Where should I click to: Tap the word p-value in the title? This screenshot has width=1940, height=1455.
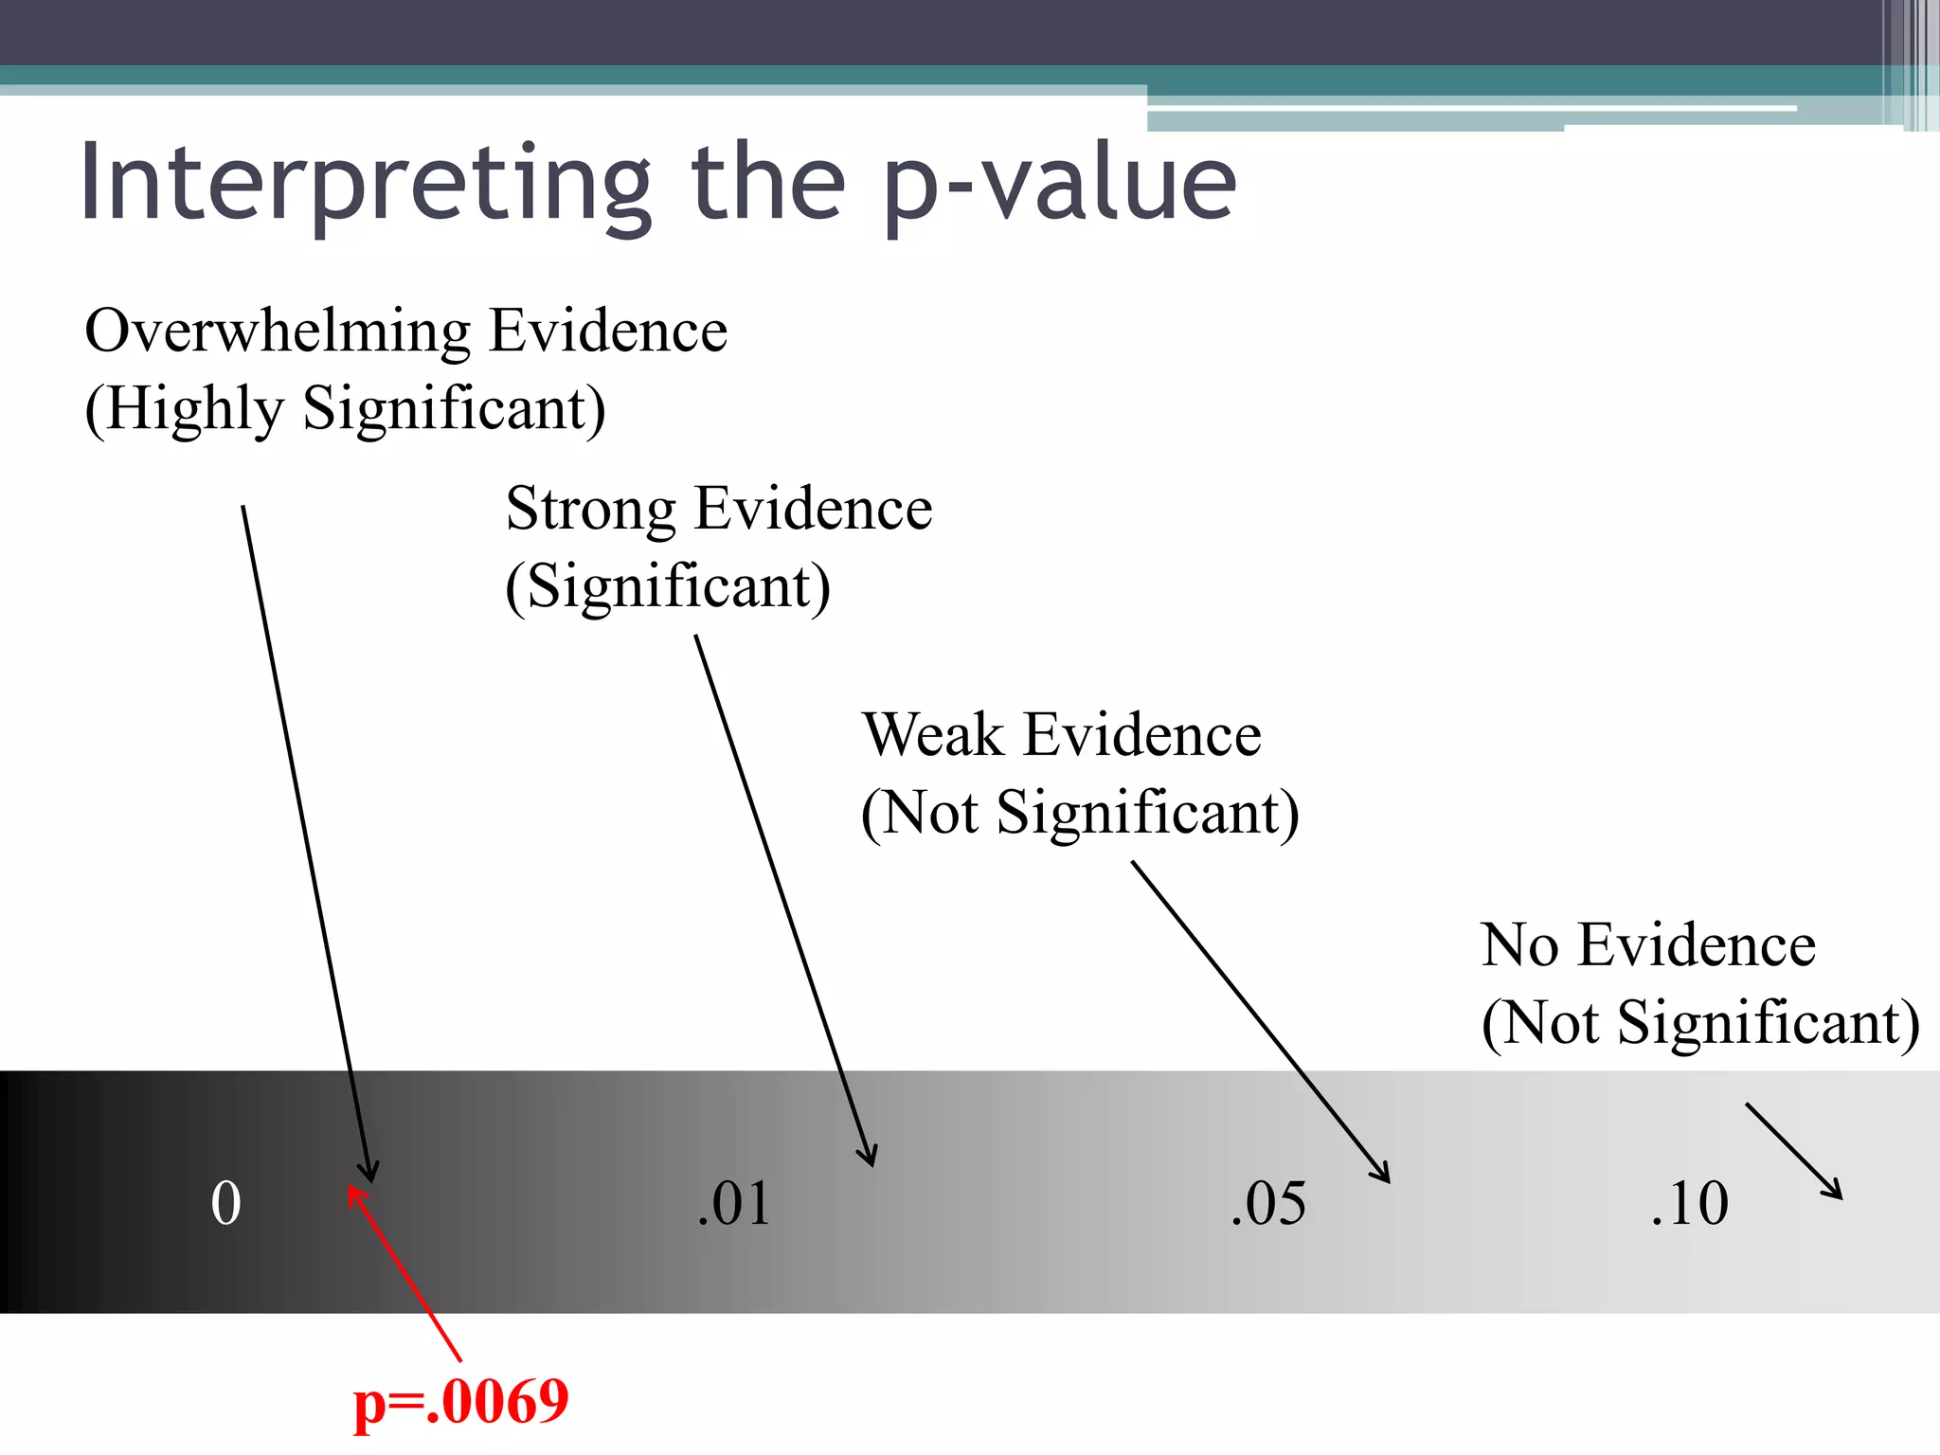(x=1060, y=185)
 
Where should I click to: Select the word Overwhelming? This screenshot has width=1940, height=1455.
(x=278, y=332)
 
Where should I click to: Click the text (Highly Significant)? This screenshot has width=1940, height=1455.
(x=346, y=409)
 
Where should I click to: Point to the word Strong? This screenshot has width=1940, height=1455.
(x=590, y=509)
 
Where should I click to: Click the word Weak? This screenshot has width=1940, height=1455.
(x=932, y=735)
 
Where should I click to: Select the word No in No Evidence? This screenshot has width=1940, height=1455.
(x=1518, y=945)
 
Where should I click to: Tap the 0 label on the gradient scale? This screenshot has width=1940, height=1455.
(x=225, y=1204)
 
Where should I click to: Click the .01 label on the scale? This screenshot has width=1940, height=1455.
(x=733, y=1204)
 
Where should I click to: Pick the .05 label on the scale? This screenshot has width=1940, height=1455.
(x=1267, y=1204)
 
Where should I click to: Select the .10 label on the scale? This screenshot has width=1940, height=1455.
(x=1689, y=1204)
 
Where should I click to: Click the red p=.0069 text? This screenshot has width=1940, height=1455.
(x=460, y=1402)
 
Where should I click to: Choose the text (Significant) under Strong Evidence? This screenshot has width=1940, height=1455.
(x=668, y=587)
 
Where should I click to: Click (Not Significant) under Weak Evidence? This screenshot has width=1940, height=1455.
(x=1080, y=814)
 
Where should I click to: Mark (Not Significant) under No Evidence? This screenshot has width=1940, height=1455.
(x=1700, y=1023)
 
